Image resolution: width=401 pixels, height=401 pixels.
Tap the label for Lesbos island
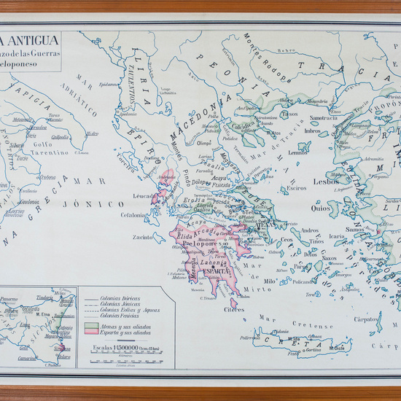tap(325, 182)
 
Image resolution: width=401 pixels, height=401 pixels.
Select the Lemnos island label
tap(297, 153)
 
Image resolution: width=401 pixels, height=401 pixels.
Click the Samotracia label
tap(324, 118)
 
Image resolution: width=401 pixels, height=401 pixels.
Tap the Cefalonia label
tap(134, 214)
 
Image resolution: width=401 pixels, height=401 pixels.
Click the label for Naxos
tap(330, 258)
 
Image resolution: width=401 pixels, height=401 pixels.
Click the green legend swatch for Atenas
tap(91, 325)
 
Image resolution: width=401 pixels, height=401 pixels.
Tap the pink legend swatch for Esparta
tap(91, 332)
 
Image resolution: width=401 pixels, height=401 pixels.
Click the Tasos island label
tap(290, 114)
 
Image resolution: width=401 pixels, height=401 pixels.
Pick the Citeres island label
tap(234, 309)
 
